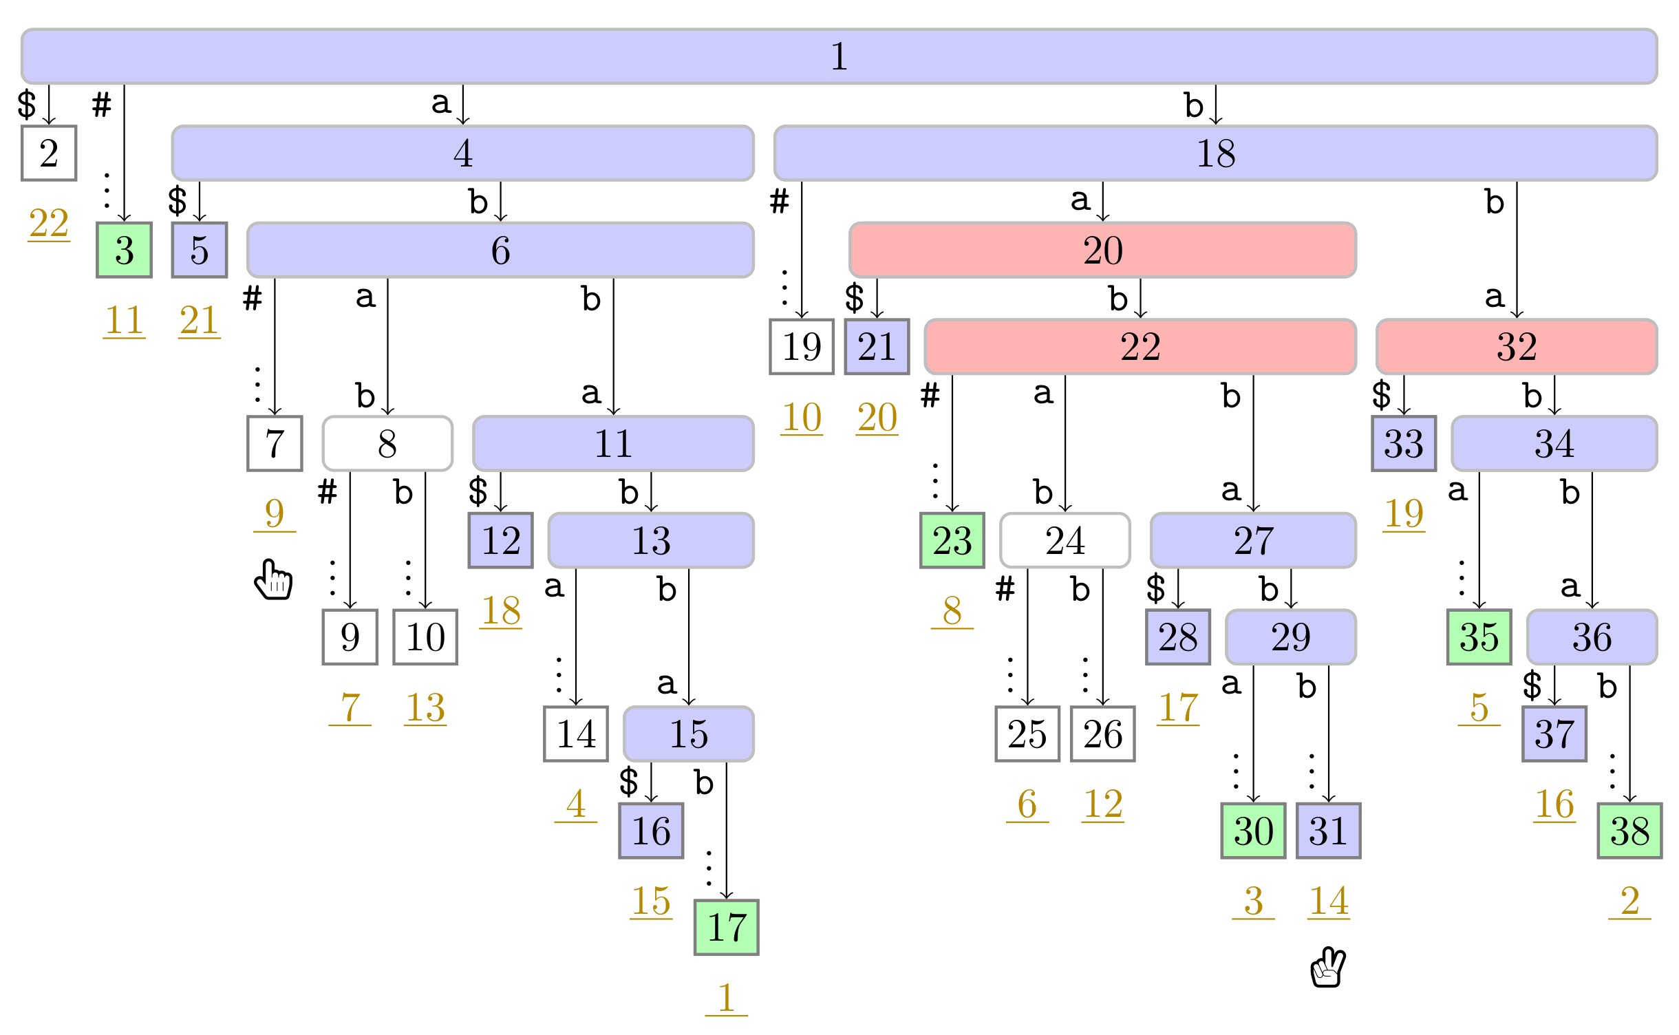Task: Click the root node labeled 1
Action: [839, 56]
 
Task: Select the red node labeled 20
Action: [1102, 250]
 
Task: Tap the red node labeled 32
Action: [1517, 347]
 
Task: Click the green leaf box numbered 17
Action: [726, 927]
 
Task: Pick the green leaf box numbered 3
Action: [124, 250]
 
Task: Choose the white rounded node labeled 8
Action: [387, 443]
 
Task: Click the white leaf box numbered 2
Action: [49, 153]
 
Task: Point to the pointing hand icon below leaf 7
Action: [273, 579]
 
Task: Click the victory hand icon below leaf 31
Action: [1328, 967]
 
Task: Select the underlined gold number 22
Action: [49, 224]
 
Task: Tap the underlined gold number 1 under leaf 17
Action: [726, 999]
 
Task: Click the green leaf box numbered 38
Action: [1629, 831]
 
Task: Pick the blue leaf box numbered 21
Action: [877, 347]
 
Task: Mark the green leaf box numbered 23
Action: [952, 540]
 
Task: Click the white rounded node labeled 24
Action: [1065, 540]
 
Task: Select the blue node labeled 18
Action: [1215, 153]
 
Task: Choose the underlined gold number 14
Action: [1328, 901]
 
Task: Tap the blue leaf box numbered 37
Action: [1554, 734]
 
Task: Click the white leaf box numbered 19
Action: [802, 347]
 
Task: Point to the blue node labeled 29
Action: [1291, 637]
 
